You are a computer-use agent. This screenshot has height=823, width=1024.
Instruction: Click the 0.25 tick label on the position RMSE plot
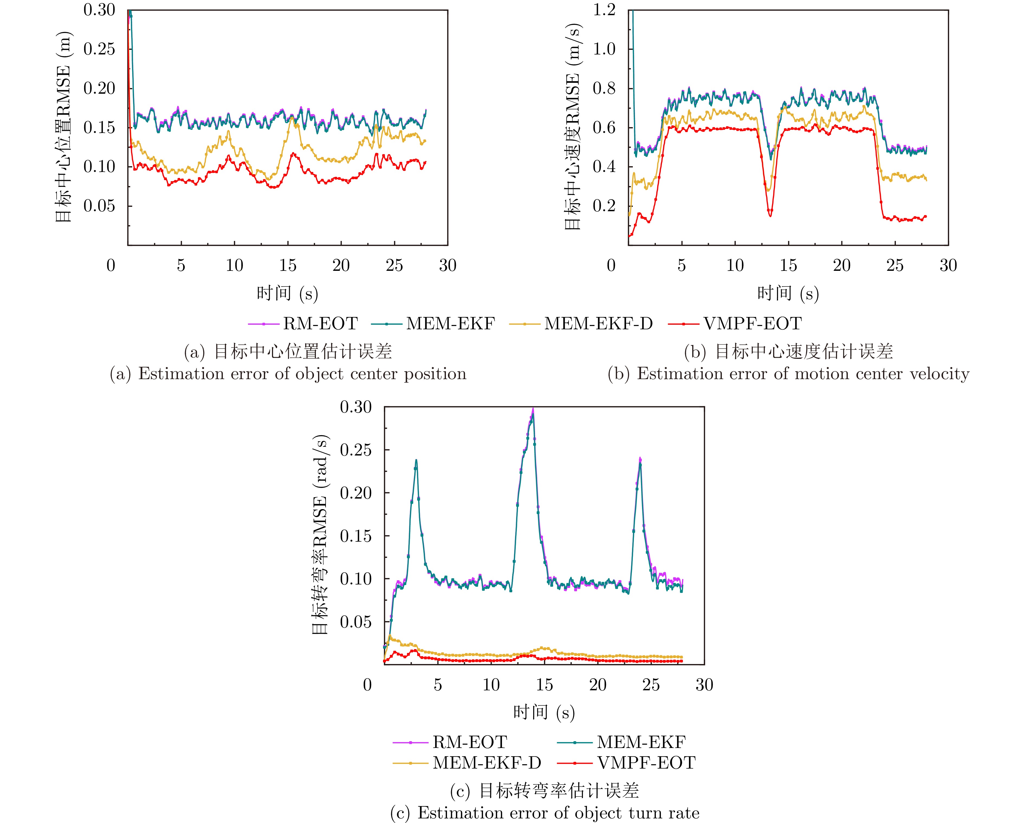coord(99,49)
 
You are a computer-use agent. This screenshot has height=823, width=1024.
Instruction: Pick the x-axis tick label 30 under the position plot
coord(448,265)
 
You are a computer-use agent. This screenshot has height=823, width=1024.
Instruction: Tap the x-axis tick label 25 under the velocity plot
coord(895,265)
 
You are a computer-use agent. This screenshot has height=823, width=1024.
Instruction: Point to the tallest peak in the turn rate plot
coord(533,409)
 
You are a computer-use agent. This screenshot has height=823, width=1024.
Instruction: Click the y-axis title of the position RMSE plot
coord(63,127)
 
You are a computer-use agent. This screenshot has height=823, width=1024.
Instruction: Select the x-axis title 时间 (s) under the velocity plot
coord(788,294)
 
